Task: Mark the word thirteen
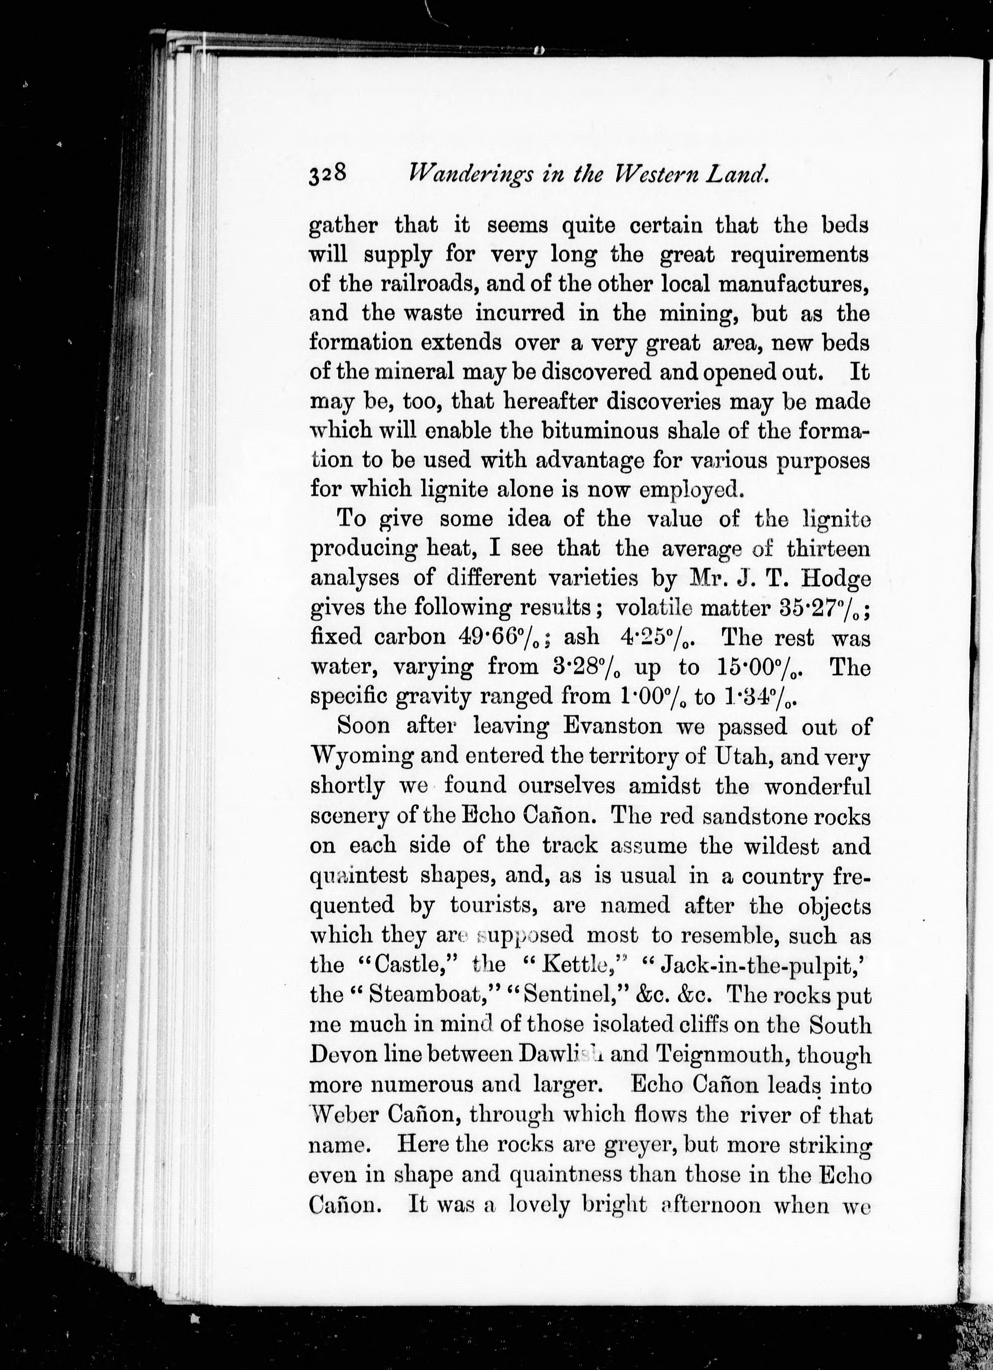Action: pyautogui.click(x=829, y=548)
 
